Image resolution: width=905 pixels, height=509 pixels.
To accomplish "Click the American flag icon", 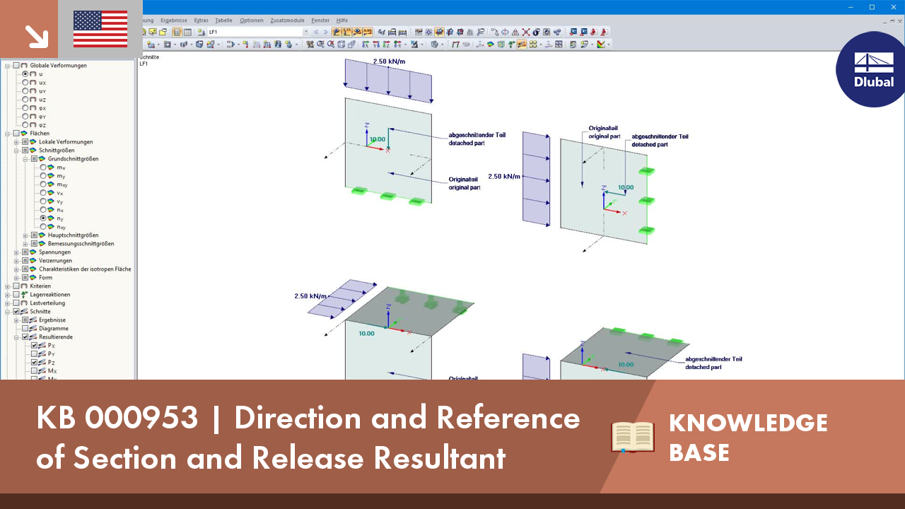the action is (x=100, y=29).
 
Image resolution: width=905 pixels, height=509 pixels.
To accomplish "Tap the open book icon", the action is (x=633, y=437).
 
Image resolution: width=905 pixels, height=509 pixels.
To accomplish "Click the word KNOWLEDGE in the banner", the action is (x=748, y=423).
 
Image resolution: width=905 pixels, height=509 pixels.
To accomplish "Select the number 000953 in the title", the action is (x=142, y=419).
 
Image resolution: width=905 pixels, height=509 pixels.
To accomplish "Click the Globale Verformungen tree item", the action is (x=58, y=66).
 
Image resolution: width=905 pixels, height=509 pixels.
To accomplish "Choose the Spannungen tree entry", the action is (x=54, y=252).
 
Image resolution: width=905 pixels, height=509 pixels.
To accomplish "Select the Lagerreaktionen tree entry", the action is (x=49, y=295).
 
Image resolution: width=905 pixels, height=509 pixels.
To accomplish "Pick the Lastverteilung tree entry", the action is (x=47, y=303).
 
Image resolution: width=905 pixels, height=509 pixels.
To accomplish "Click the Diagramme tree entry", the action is (x=54, y=329).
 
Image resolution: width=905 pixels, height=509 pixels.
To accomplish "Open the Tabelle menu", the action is (x=223, y=21).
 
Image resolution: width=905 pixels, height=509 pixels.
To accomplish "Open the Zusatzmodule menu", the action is (x=287, y=21).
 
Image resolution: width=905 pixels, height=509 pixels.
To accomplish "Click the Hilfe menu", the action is (x=342, y=21).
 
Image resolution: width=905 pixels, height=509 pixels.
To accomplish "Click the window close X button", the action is (x=893, y=7).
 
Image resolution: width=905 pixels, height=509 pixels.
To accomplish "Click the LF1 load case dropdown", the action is (x=258, y=32).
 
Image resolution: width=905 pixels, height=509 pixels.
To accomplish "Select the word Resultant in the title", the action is (x=440, y=458).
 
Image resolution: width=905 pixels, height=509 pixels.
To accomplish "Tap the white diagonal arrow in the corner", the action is (x=33, y=35).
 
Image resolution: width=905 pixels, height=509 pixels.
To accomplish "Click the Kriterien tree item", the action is (x=40, y=286).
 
